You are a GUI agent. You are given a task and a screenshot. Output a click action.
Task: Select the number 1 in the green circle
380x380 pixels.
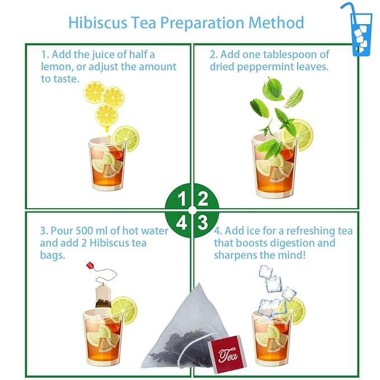(181, 199)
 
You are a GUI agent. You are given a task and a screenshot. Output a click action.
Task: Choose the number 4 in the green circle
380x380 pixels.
(181, 223)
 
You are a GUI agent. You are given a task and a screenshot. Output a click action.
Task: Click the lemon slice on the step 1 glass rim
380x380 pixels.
(125, 138)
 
